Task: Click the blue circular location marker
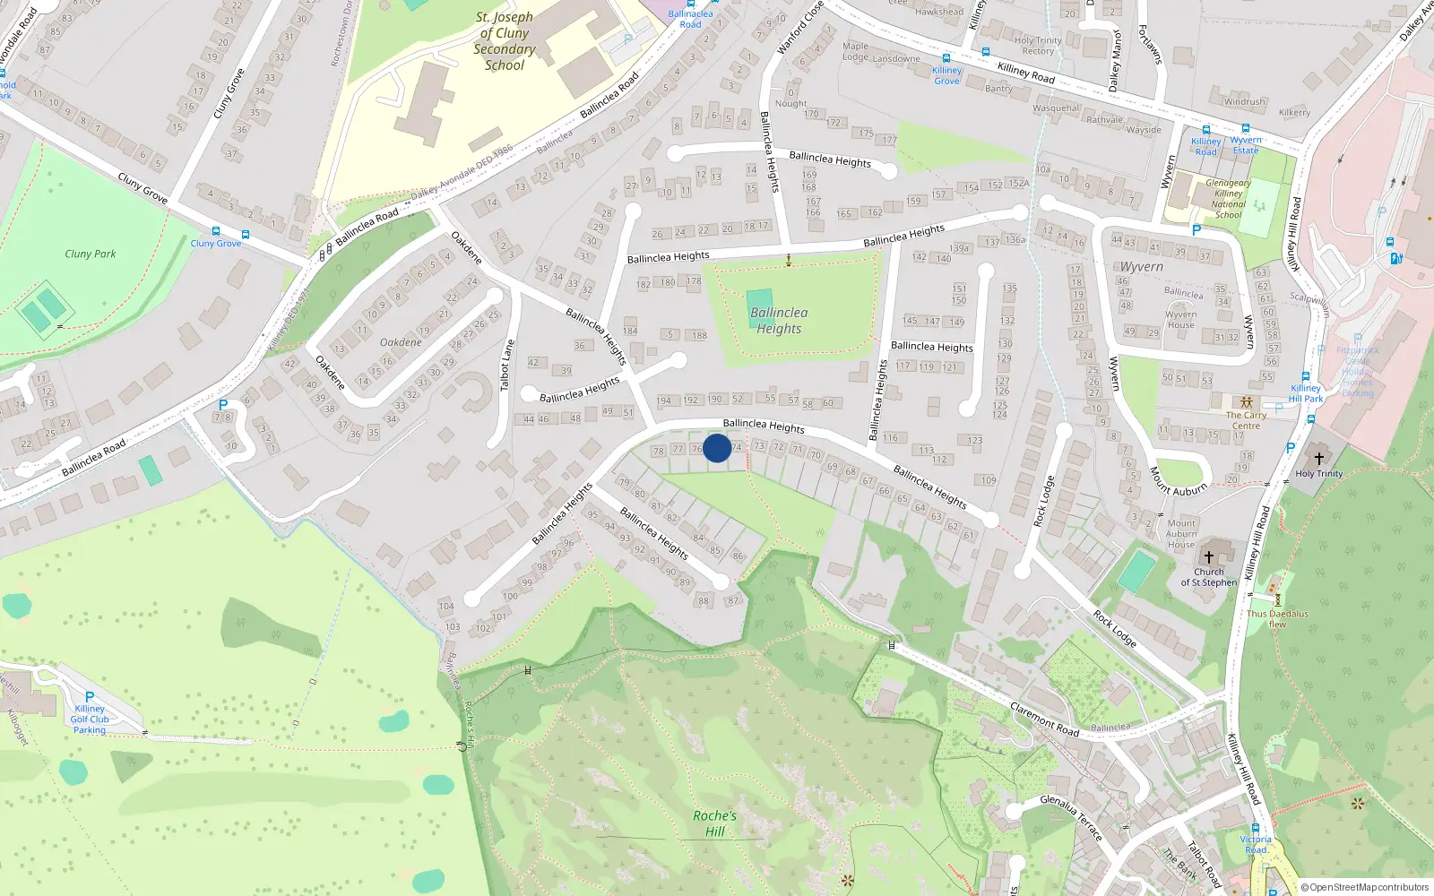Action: pos(717,448)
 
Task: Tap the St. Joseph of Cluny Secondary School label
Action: pos(505,41)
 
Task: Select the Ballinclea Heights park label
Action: pos(779,321)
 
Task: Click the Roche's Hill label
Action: pos(714,823)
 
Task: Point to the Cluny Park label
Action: pos(91,254)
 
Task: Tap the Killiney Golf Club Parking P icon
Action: pos(90,697)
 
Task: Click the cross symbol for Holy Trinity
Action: pos(1318,459)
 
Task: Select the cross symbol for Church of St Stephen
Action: pos(1209,556)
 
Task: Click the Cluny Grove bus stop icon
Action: pos(216,231)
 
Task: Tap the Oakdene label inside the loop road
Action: pos(401,342)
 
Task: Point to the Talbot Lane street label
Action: pos(507,365)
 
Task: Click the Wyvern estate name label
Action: pos(1142,267)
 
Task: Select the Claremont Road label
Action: pos(1044,719)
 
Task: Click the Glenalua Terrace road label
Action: pos(1071,816)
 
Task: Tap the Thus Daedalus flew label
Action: pos(1277,618)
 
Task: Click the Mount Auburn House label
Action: pos(1181,533)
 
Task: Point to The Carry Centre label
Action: pos(1246,420)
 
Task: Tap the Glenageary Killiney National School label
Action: pos(1228,199)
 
